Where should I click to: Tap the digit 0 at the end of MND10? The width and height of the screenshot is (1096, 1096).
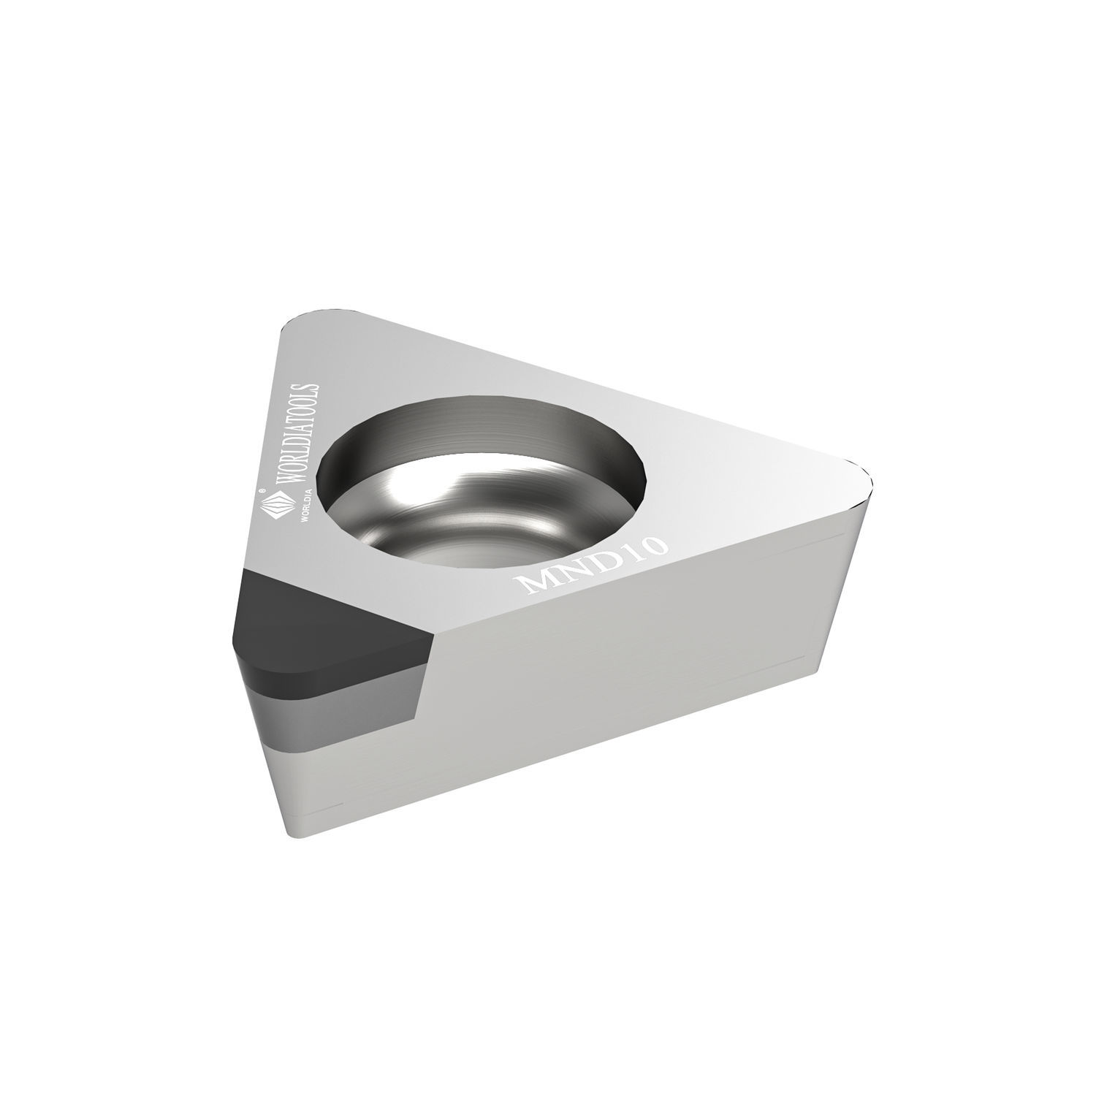click(x=650, y=541)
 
